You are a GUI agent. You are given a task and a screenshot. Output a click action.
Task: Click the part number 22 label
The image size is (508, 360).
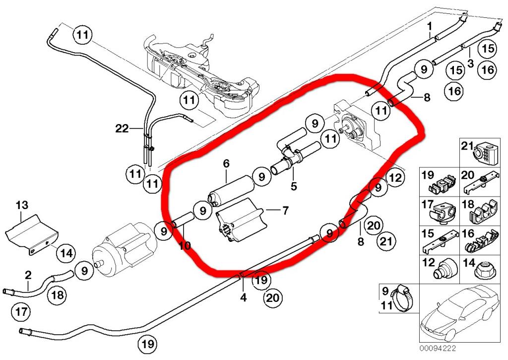[x=122, y=129]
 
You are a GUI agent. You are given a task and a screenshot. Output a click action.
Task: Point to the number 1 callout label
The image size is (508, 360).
[x=430, y=26]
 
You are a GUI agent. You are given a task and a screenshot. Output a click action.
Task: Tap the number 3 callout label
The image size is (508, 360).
[x=470, y=63]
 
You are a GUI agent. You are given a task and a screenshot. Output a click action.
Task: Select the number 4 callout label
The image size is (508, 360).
[x=243, y=297]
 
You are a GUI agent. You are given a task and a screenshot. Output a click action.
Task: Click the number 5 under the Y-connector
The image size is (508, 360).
[x=294, y=187]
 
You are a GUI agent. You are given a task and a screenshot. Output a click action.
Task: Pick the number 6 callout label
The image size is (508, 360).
[x=226, y=163]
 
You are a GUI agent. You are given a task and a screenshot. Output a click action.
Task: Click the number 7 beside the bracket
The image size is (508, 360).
[x=285, y=211]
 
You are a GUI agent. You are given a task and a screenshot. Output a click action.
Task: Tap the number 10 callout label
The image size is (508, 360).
[x=185, y=246]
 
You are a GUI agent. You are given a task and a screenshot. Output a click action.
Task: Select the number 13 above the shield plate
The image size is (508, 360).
[x=22, y=205]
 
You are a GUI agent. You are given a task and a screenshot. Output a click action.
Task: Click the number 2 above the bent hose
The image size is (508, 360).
[x=28, y=276]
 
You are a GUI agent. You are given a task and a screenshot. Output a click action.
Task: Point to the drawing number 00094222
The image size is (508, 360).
[x=438, y=348]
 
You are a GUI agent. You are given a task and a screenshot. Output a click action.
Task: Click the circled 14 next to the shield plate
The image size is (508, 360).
[x=66, y=253]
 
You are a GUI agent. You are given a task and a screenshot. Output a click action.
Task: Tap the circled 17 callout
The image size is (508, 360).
[x=21, y=312]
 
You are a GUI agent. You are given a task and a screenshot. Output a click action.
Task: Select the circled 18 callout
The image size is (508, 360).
[x=58, y=295]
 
